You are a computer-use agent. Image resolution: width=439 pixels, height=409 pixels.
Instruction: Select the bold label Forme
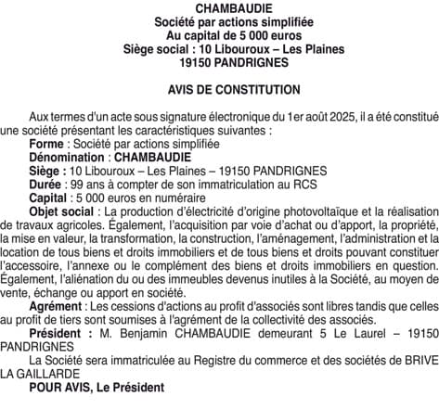[46, 145]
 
